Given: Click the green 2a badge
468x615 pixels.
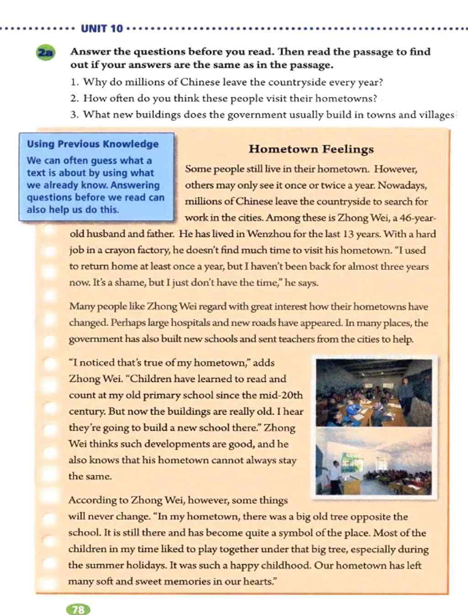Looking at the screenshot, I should pos(46,53).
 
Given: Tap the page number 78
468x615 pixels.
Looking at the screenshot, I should pos(78,610).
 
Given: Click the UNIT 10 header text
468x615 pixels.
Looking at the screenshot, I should pos(101,29).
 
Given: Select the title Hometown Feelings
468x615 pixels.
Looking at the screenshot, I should pos(311,149).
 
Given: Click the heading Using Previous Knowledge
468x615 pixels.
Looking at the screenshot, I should pos(93,144).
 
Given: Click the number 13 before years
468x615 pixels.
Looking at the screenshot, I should pos(348,234).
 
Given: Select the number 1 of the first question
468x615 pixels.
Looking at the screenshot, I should pos(74,83).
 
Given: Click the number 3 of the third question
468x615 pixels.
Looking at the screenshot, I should pos(74,115).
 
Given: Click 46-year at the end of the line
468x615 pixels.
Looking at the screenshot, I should pos(418,218).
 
